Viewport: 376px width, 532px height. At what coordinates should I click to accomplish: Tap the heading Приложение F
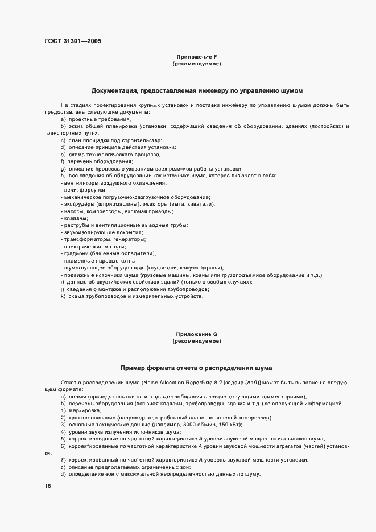coord(197,57)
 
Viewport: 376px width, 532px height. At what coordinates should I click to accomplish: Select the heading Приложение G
coord(197,334)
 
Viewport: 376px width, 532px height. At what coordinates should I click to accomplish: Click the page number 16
coord(47,486)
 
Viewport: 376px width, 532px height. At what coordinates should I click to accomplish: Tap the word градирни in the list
coord(76,253)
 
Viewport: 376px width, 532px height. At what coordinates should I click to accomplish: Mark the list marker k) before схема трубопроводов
coord(63,296)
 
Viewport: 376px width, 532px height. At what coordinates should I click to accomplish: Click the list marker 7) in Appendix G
coord(63,460)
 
